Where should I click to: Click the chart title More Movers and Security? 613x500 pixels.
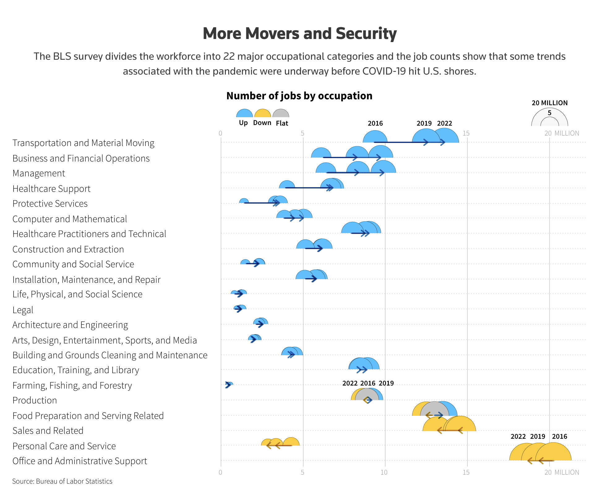pos(299,33)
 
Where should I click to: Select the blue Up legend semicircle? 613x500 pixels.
pos(244,114)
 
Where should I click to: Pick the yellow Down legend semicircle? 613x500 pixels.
pos(263,114)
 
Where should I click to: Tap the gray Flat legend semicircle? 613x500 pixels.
pos(281,114)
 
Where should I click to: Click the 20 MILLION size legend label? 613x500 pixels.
pos(549,103)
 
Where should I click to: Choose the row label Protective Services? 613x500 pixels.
pos(50,204)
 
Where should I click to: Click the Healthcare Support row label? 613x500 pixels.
pos(51,189)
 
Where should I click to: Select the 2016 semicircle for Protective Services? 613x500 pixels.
pos(244,201)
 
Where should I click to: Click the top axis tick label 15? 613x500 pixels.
pos(466,133)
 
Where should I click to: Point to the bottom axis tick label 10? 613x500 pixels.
pos(384,472)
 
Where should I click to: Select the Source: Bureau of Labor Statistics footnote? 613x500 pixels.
pos(62,481)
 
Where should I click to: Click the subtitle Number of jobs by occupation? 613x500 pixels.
pos(299,96)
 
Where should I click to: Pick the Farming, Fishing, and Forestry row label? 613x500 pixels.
pos(72,386)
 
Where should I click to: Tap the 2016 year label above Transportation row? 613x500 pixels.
pos(375,123)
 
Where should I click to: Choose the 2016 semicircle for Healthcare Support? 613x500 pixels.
pos(287,185)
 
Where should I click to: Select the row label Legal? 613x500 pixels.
pos(23,310)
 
